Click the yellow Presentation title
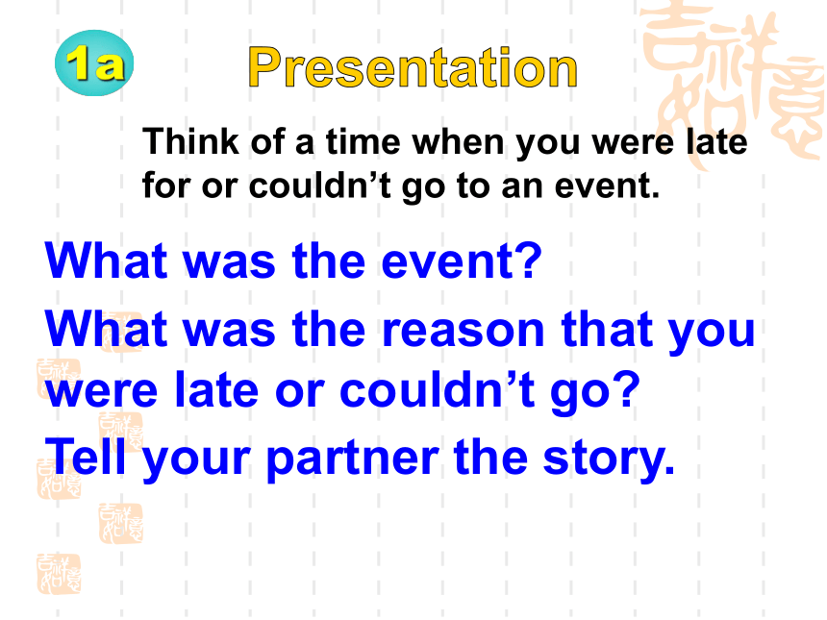[413, 67]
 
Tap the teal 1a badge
[94, 63]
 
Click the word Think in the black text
[191, 141]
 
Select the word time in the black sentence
[363, 141]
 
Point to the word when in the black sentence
[458, 141]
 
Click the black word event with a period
[607, 186]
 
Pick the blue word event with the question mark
[461, 260]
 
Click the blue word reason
[463, 330]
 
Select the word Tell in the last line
[86, 456]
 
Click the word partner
[352, 459]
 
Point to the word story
[609, 459]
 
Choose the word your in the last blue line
[196, 459]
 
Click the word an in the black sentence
[521, 186]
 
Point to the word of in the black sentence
[268, 141]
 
